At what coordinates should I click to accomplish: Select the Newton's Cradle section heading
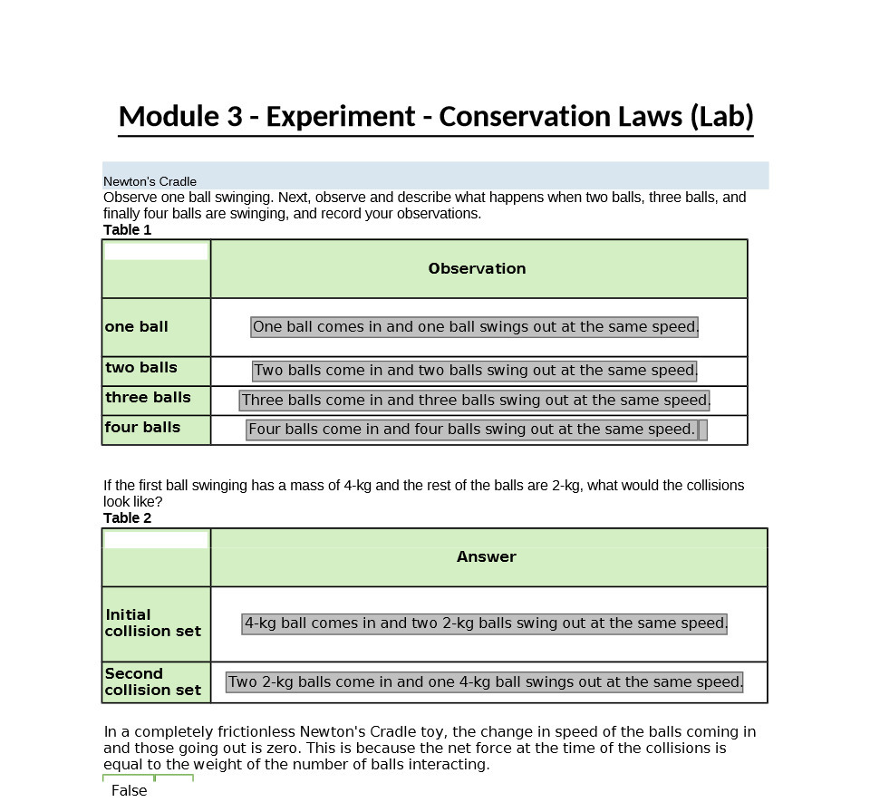tap(150, 181)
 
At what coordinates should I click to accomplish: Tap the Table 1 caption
tap(127, 230)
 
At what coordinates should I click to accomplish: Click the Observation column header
tap(477, 269)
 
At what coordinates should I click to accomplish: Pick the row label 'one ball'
tap(136, 327)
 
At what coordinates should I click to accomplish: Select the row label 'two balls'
tap(140, 368)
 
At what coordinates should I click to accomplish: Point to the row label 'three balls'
tap(148, 398)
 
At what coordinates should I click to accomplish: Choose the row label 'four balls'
tap(142, 428)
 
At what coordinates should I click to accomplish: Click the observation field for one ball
tap(475, 327)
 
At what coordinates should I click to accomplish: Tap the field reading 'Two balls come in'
tap(475, 371)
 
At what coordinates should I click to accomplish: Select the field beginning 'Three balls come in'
tap(475, 401)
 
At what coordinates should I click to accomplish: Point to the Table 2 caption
tap(127, 518)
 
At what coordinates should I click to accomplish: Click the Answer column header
tap(487, 557)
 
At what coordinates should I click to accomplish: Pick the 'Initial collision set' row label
tap(152, 623)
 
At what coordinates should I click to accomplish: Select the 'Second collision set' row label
tap(152, 682)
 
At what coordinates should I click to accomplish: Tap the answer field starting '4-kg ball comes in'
tap(485, 623)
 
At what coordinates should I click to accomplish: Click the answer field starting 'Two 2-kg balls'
tap(485, 682)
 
